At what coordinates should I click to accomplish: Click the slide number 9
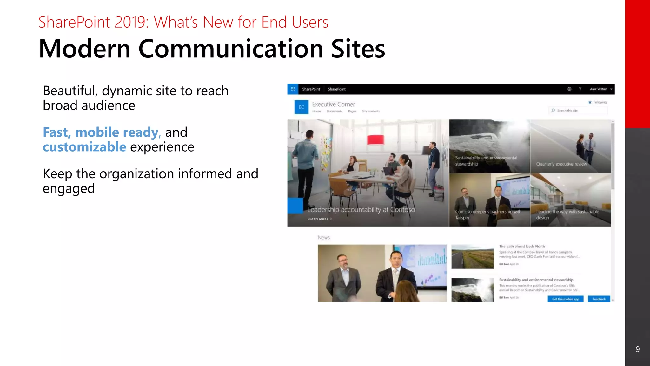(x=637, y=349)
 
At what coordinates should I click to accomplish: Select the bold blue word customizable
(x=84, y=147)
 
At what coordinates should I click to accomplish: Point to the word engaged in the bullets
(x=69, y=188)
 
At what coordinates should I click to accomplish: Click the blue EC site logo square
(x=301, y=107)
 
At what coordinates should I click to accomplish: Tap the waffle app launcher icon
(x=293, y=89)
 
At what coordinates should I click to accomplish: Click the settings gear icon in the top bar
(x=569, y=89)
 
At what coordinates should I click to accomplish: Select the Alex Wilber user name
(x=598, y=89)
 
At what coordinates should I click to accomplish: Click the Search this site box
(x=578, y=111)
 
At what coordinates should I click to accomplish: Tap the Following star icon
(x=590, y=102)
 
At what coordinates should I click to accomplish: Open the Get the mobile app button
(x=566, y=299)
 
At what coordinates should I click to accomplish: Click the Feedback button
(x=599, y=299)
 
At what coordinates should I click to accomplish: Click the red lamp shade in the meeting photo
(x=375, y=139)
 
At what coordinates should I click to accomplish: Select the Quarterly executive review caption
(x=561, y=164)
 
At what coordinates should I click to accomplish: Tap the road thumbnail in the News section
(x=473, y=257)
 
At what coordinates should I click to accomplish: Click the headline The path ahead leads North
(x=522, y=246)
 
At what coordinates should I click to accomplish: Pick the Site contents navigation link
(x=371, y=111)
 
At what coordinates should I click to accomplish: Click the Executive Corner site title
(x=333, y=104)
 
